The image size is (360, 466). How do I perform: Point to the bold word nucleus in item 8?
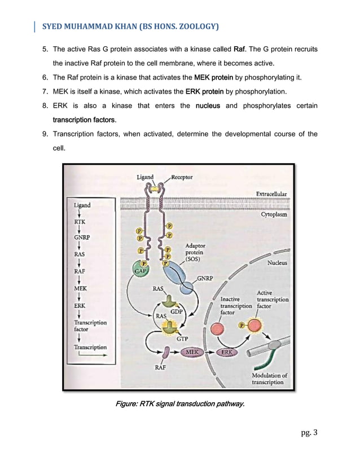coord(207,105)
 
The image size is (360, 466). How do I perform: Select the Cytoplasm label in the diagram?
coord(274,215)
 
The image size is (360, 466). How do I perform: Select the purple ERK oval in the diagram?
coord(227,353)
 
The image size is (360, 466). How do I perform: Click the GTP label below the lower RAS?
coord(182,338)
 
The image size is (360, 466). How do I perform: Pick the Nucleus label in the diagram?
coord(277,262)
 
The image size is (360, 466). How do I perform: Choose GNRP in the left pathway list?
coord(83,238)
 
